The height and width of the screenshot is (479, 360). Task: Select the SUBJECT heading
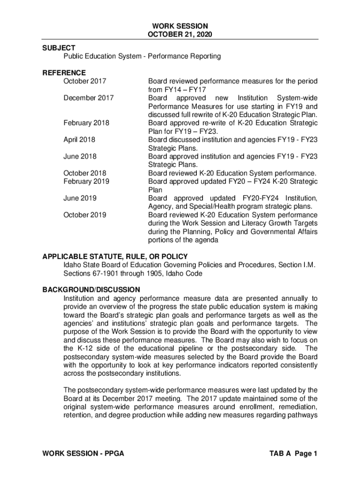58,48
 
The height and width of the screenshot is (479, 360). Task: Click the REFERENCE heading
64,73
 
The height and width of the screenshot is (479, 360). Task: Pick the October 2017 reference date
85,81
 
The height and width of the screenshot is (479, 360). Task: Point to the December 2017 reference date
88,98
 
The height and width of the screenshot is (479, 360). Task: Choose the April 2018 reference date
79,139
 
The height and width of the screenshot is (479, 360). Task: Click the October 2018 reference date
85,173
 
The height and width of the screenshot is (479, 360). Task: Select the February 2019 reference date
86,181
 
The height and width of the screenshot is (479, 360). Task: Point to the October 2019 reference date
85,215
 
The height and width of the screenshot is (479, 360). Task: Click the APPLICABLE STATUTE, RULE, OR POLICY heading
115,256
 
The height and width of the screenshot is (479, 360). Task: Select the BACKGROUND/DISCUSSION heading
91,290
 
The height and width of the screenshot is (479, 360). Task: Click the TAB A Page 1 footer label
294,454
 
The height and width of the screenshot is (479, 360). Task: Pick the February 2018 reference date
86,123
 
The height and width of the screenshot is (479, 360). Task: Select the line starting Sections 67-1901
133,274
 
